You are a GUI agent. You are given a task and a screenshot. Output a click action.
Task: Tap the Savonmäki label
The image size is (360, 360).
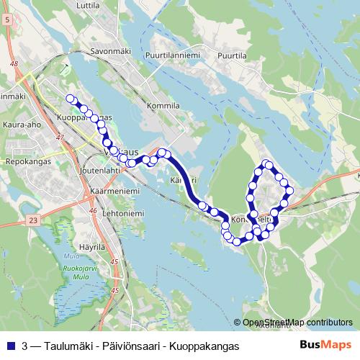pyautogui.click(x=109, y=52)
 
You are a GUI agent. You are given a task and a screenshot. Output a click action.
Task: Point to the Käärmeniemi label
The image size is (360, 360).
pyautogui.click(x=110, y=190)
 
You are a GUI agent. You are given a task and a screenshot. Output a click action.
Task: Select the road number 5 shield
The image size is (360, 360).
pyautogui.click(x=7, y=21)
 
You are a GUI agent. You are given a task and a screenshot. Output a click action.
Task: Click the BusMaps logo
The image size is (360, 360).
pyautogui.click(x=325, y=346)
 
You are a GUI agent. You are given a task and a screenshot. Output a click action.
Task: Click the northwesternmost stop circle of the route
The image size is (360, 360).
pyautogui.click(x=70, y=99)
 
